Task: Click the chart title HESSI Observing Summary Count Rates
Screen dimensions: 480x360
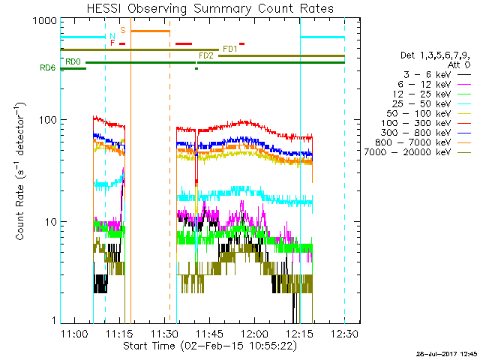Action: tap(210, 8)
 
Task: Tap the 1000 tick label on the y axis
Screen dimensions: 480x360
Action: tap(45, 21)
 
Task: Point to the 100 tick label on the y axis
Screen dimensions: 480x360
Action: tap(49, 120)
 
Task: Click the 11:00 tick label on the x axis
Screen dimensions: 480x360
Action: tap(75, 333)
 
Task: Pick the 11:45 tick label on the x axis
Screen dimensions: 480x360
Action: tap(210, 333)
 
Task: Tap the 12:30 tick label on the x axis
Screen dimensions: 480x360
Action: tap(345, 333)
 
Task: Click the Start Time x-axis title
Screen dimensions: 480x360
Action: tap(210, 346)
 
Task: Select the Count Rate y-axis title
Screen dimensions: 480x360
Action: tap(20, 171)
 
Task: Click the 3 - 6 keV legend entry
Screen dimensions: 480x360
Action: tap(427, 75)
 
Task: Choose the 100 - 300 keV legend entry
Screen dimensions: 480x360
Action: tap(416, 123)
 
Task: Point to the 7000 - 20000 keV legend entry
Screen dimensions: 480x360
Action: tap(407, 152)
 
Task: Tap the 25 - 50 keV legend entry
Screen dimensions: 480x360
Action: tap(421, 103)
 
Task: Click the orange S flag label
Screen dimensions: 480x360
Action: tap(123, 30)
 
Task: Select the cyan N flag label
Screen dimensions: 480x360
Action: tap(112, 37)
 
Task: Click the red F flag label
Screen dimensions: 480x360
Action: tap(112, 43)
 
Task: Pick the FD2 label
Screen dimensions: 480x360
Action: tap(206, 55)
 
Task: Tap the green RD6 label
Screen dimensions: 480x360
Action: tap(48, 67)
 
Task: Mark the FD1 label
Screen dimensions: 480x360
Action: tap(230, 49)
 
